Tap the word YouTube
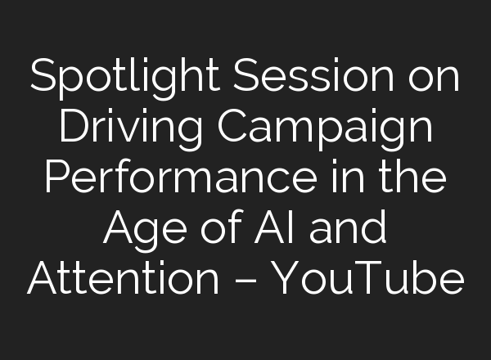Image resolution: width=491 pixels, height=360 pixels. coord(368,280)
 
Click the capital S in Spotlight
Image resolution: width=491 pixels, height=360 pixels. coord(43,78)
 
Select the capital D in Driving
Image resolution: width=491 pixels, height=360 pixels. coord(78,128)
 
